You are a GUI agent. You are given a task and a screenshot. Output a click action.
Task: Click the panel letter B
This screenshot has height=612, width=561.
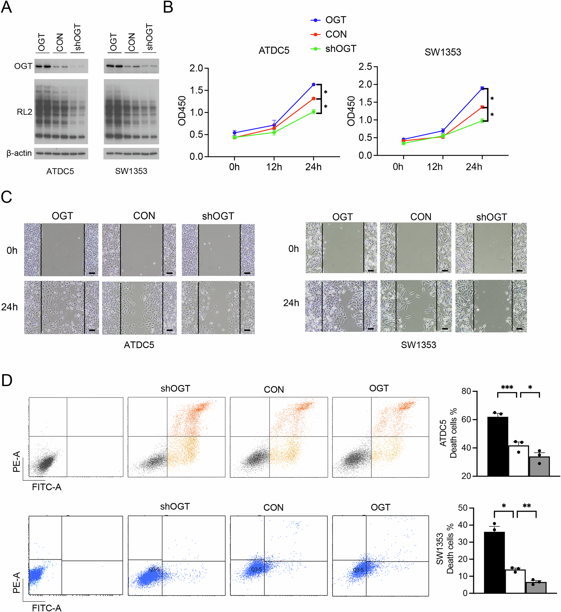(168, 7)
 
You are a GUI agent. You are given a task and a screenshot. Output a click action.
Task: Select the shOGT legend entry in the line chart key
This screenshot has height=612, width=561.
(340, 49)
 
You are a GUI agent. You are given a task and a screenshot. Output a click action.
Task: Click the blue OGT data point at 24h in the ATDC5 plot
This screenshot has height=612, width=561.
(314, 84)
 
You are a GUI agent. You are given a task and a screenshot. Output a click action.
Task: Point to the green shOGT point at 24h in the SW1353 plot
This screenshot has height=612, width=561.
(482, 121)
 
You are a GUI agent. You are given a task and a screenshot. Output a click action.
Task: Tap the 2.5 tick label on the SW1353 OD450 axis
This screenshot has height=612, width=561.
(365, 66)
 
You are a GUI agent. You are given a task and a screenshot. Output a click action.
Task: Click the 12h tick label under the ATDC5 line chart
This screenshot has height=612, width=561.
(274, 167)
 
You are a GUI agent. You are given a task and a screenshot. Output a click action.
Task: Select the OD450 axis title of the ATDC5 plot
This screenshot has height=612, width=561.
(182, 111)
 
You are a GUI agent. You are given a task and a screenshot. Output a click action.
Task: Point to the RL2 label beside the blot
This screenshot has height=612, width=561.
(24, 112)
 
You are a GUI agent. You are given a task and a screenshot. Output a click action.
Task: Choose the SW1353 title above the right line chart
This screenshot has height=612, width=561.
(443, 52)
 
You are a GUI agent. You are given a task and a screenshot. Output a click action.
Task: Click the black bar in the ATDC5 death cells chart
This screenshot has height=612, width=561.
(498, 446)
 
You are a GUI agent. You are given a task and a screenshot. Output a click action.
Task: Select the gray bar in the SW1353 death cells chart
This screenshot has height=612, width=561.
(535, 587)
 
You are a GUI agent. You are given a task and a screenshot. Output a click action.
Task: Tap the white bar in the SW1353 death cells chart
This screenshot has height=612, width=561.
(515, 581)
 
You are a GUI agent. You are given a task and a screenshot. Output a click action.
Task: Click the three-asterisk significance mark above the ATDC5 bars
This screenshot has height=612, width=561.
(507, 388)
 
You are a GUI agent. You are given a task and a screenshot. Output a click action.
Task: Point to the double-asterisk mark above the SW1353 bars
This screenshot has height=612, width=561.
(526, 506)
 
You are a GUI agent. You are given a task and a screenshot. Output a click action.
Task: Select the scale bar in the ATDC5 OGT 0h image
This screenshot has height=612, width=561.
(92, 273)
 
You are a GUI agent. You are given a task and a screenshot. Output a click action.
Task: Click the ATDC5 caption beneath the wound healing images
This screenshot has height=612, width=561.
(139, 345)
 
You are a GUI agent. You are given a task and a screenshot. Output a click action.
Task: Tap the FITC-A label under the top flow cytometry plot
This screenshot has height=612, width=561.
(47, 487)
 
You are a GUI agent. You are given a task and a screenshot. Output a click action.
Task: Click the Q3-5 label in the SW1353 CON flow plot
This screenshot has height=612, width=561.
(256, 569)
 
